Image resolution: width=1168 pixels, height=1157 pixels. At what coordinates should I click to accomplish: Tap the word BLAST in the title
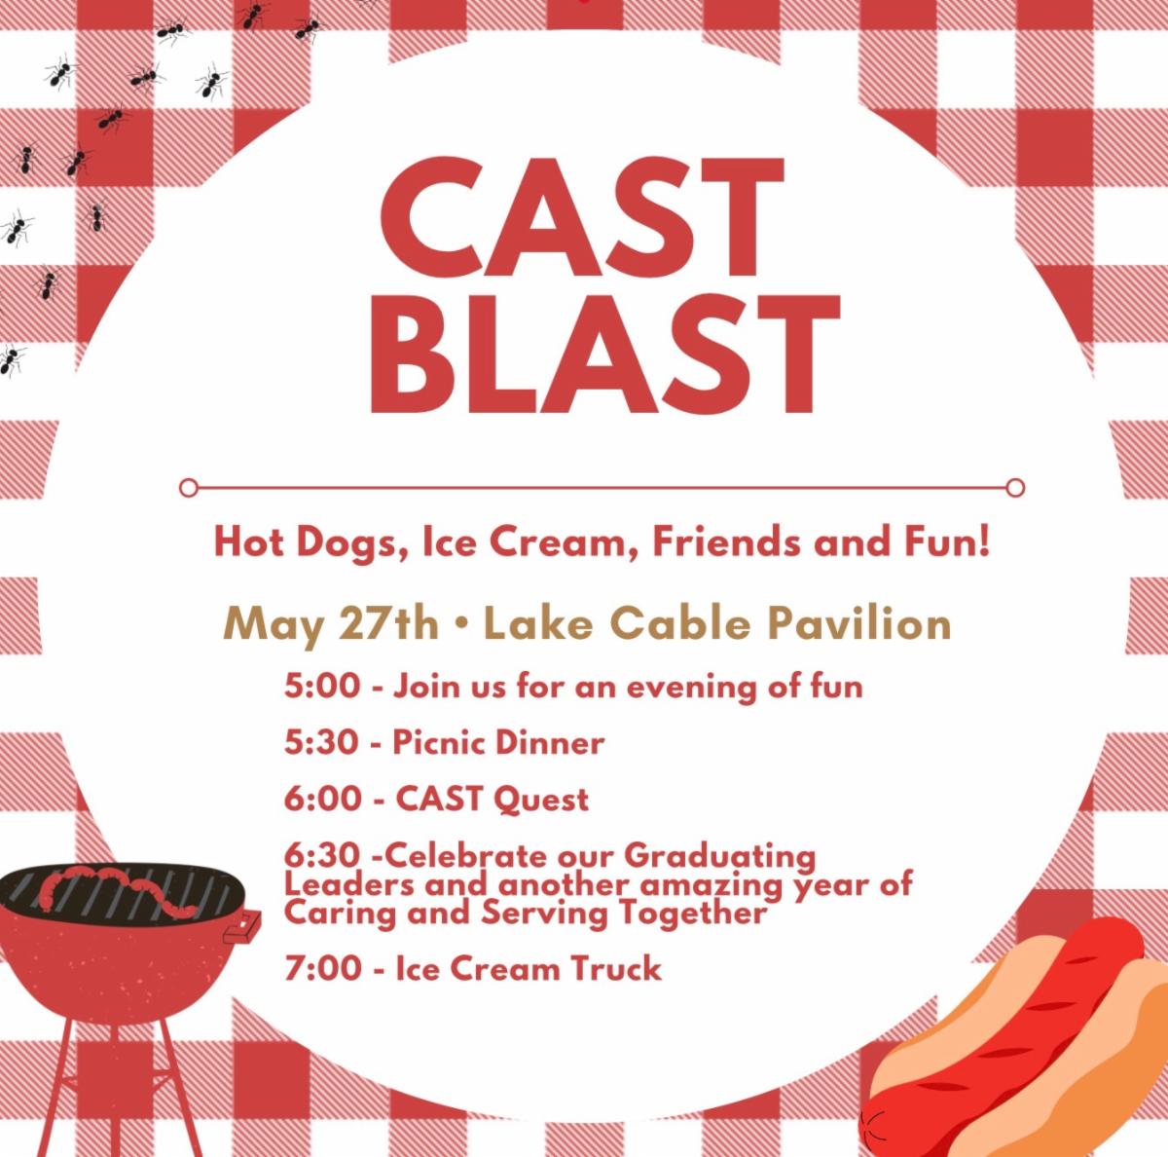[x=604, y=354]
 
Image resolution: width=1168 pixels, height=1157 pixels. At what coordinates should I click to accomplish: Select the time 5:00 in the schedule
[x=322, y=687]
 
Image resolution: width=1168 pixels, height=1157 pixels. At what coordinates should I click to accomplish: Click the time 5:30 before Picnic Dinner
[x=322, y=743]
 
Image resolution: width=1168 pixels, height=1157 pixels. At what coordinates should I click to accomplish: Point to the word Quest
[x=540, y=800]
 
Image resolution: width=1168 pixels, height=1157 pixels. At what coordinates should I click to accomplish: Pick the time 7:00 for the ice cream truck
[x=322, y=968]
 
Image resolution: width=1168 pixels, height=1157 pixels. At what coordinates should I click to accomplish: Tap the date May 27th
[x=330, y=625]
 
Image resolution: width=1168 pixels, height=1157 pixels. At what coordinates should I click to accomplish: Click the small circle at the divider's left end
[x=189, y=487]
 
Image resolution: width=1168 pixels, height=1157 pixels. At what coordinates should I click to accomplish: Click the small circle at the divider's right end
[x=1016, y=487]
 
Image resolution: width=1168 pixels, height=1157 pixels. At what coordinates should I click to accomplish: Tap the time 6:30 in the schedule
[x=322, y=856]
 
